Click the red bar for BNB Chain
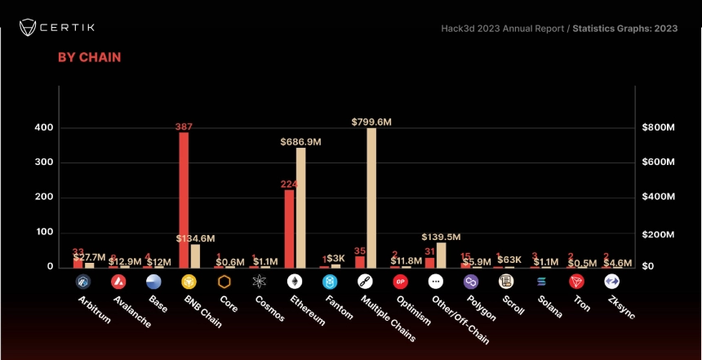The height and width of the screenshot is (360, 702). tap(184, 200)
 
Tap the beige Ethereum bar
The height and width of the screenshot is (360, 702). tap(300, 207)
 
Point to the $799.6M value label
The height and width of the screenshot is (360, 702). tap(371, 122)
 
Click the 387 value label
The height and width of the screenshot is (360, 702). tap(184, 127)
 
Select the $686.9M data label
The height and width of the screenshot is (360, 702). tap(300, 141)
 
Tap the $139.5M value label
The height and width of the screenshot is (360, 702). tap(442, 236)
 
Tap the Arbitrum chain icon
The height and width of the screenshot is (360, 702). tap(83, 282)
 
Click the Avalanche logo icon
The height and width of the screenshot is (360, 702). tap(118, 282)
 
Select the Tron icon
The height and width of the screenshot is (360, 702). tap(576, 282)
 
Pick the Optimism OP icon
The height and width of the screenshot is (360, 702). tap(400, 282)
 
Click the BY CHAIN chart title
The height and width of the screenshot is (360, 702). tap(89, 57)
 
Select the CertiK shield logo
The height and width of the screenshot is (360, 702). tap(30, 27)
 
